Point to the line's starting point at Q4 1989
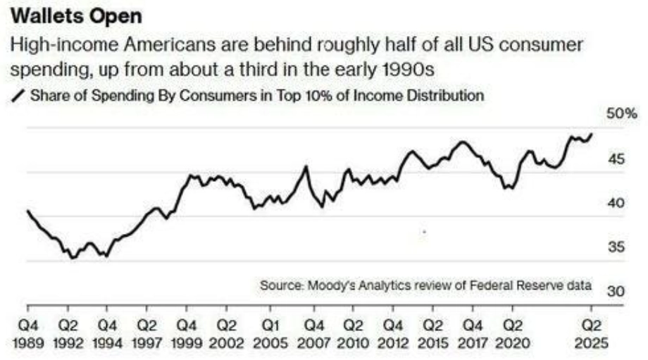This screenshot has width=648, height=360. coord(28,211)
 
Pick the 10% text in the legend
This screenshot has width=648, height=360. coord(306,94)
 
